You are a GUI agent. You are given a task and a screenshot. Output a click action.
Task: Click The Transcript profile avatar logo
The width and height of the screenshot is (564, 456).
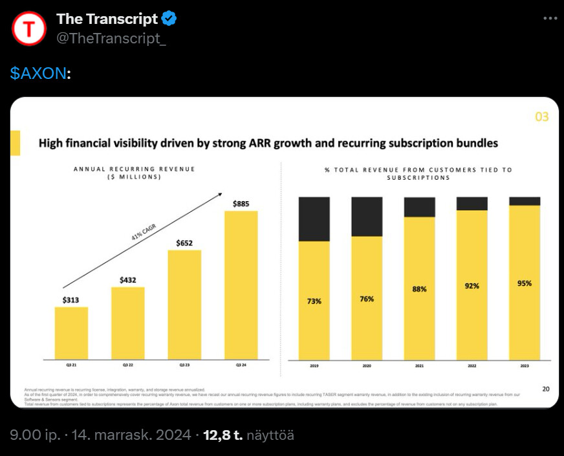[29, 28]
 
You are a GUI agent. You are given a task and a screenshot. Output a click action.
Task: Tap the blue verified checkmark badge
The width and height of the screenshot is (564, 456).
[169, 19]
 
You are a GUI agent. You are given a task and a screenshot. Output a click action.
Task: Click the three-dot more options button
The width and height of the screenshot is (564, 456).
[550, 18]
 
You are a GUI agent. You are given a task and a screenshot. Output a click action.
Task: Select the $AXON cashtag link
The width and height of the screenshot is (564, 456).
[38, 73]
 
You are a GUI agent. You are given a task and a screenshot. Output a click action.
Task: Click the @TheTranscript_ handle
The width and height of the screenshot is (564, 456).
[111, 38]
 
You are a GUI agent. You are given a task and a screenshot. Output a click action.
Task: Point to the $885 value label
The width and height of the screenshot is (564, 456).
[241, 204]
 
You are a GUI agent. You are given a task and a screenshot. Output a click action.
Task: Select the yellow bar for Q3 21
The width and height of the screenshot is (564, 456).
[71, 332]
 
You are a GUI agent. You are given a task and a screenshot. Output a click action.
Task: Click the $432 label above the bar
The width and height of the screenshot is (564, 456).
[128, 280]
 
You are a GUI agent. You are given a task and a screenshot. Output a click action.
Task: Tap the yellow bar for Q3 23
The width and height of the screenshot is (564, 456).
[184, 304]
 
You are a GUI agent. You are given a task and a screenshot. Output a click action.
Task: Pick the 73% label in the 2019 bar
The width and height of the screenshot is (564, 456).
[314, 301]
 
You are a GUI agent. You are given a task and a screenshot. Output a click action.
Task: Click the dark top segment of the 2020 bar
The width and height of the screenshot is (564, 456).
[367, 216]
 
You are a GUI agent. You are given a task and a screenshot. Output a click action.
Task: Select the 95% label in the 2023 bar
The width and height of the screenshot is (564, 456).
[524, 283]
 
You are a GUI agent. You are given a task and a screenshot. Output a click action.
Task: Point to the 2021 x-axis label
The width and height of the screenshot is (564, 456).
[419, 366]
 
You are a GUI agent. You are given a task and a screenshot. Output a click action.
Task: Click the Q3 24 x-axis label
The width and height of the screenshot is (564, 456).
[241, 366]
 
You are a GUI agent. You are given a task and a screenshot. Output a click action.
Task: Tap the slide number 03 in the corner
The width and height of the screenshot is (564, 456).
[541, 117]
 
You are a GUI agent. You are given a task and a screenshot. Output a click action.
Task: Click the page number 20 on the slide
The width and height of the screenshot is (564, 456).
[546, 389]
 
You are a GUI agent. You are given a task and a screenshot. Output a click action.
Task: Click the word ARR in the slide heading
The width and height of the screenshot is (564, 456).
[258, 142]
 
